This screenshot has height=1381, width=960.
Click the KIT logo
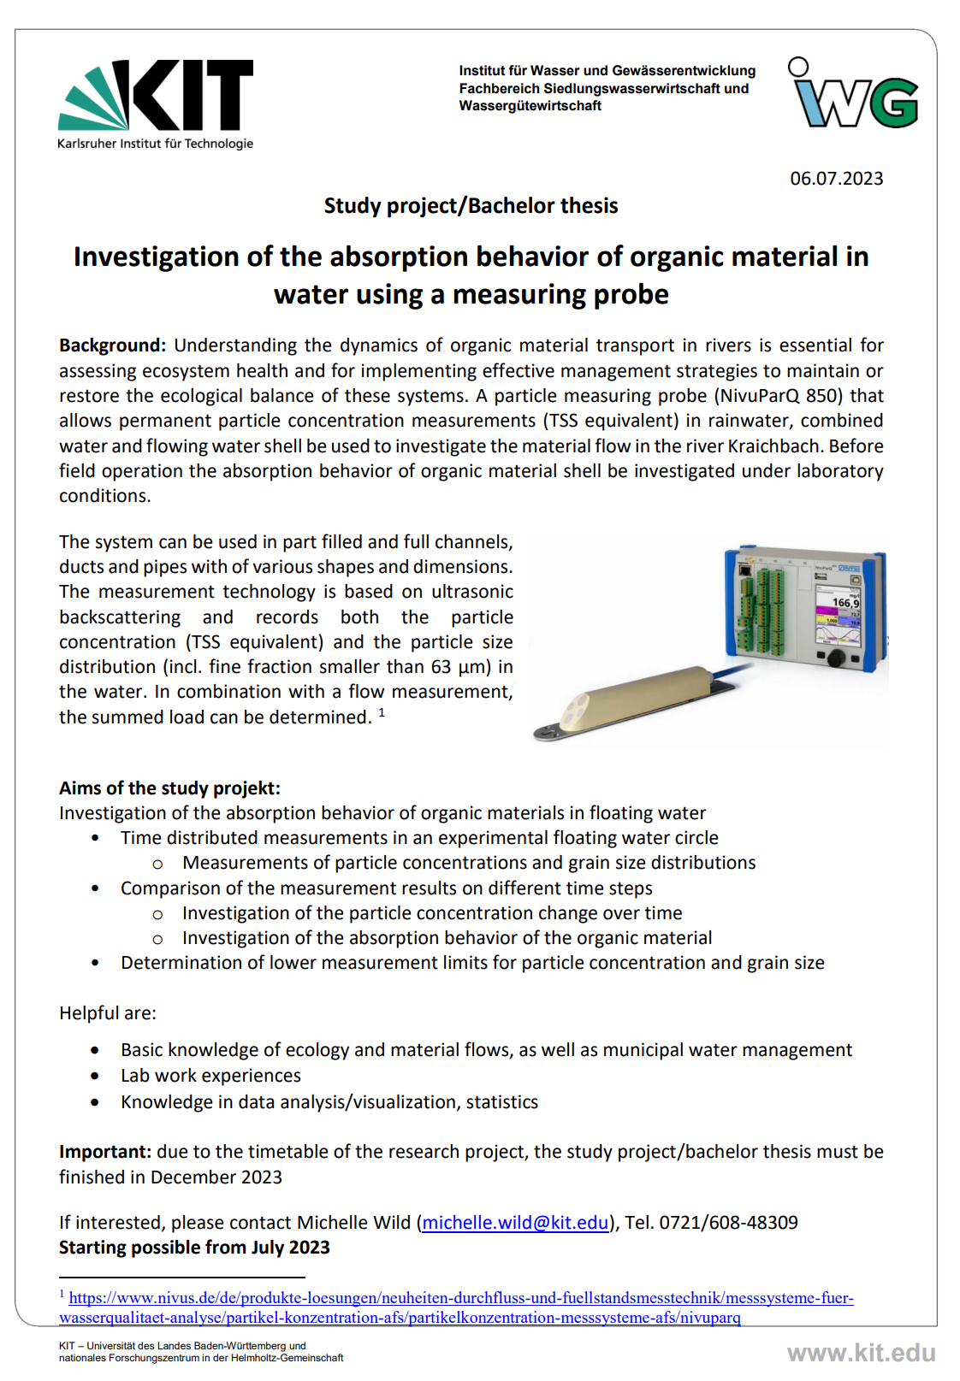pos(156,96)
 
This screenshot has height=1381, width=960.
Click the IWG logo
pos(853,94)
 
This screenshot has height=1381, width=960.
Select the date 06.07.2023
pos(836,179)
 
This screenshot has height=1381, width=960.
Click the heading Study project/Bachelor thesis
pos(471,206)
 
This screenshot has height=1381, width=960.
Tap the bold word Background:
pos(112,345)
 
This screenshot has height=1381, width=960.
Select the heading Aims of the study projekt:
pos(169,788)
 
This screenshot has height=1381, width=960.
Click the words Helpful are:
pos(108,1013)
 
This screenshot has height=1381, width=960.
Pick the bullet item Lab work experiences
pos(210,1076)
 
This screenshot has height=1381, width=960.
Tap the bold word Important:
pos(105,1152)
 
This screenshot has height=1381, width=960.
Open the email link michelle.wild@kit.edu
pos(515,1223)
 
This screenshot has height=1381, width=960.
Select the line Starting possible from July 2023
pos(194,1248)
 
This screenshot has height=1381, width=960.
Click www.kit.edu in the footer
pos(861,1353)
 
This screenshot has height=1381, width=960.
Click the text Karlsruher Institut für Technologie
pos(155,144)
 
